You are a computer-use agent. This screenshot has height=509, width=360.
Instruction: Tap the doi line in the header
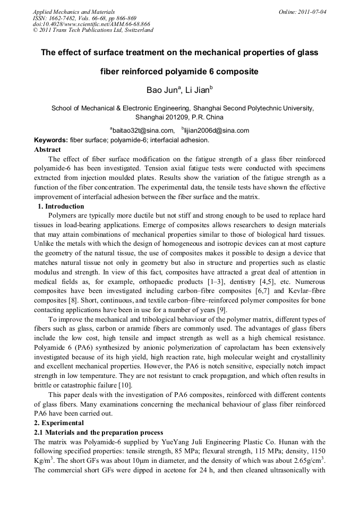tap(91, 24)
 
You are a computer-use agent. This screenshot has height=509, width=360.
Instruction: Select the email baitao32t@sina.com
tap(143, 130)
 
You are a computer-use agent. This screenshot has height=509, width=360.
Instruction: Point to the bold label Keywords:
tap(51, 140)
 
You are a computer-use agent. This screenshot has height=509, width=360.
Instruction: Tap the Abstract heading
tap(47, 150)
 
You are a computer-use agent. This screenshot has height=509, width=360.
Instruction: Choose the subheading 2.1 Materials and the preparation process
tap(98, 433)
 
